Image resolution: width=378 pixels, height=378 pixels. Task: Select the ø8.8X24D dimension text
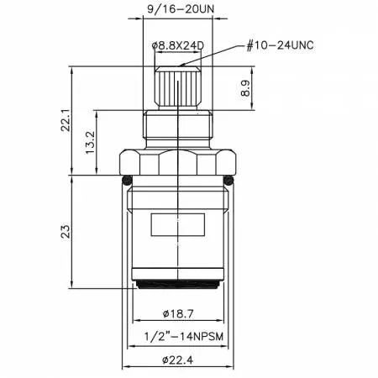tap(179, 43)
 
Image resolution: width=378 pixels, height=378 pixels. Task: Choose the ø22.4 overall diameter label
tap(178, 363)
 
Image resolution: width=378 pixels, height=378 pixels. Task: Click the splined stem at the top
tap(178, 89)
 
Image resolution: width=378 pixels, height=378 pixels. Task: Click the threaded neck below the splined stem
tap(178, 126)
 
